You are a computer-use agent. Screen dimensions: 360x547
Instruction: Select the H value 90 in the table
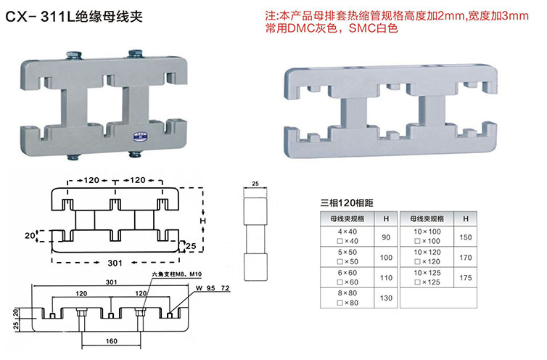[384, 237]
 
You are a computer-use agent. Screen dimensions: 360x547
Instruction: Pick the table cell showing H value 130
[384, 298]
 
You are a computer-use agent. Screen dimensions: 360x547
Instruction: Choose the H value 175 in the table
[465, 278]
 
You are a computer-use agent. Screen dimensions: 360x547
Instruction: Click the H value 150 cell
[465, 237]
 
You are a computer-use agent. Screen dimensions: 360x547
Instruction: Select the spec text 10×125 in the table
[428, 271]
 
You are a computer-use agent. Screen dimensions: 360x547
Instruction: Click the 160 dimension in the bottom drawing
[112, 340]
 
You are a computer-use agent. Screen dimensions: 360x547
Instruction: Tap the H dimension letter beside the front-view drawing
[203, 221]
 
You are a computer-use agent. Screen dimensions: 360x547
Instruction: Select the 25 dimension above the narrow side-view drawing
[254, 185]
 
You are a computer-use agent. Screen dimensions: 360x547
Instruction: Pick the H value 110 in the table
[384, 277]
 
